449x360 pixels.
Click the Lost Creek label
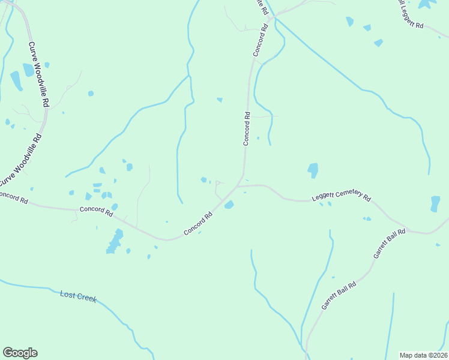78,296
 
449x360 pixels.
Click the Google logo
20,353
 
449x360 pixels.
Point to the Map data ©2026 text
423,355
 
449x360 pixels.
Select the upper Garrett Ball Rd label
390,243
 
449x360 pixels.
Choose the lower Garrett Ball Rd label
339,295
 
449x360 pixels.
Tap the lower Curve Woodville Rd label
20,160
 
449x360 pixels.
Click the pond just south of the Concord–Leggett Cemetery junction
229,205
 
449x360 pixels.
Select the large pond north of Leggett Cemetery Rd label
313,170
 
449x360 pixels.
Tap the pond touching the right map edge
435,203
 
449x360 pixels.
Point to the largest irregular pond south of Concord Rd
114,242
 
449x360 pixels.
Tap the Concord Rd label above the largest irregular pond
96,211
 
